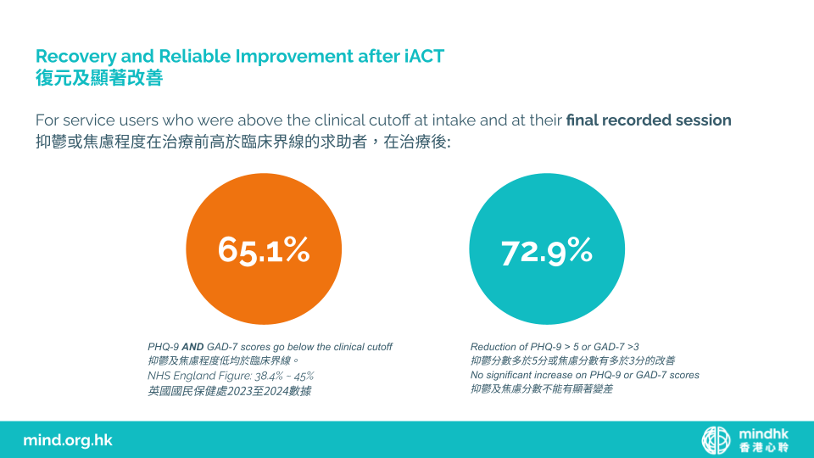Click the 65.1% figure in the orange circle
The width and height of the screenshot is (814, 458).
[x=264, y=249]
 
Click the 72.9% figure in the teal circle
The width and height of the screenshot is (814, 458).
[x=547, y=252]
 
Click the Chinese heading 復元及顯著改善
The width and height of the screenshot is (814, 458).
[x=99, y=78]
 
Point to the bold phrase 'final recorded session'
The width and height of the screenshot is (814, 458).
[x=649, y=120]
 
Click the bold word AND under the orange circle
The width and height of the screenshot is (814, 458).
[x=192, y=347]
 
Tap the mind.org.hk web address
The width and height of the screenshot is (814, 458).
[x=68, y=440]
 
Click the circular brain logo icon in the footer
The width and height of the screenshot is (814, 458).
[x=716, y=440]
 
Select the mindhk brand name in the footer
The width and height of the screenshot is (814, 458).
[x=764, y=433]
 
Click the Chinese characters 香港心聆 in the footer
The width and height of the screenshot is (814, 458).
[x=764, y=447]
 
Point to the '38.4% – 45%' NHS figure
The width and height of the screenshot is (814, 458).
[x=284, y=376]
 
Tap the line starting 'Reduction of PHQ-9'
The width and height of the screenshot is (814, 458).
[x=555, y=347]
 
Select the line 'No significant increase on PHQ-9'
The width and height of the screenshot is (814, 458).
[x=584, y=375]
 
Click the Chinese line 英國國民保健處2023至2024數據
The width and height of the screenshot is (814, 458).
[x=230, y=391]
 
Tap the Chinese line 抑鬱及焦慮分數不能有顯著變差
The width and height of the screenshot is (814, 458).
[x=542, y=389]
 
